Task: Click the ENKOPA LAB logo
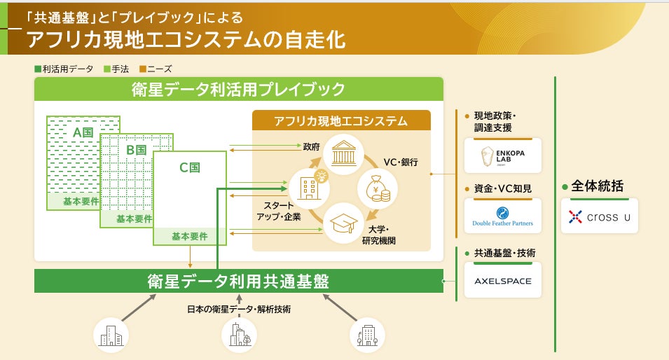pos(502,155)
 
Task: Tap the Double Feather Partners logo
pos(502,216)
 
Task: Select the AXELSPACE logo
pos(502,281)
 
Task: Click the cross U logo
pos(599,217)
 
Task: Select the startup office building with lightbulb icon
pos(308,188)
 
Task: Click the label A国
pos(83,132)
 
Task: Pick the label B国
pos(135,150)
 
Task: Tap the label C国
pos(190,167)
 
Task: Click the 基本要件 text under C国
pos(190,237)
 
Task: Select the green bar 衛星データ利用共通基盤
pos(238,281)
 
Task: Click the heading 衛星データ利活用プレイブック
pos(238,89)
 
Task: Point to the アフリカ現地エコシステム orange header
pos(340,120)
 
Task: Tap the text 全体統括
pos(597,186)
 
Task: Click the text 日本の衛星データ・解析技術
pos(239,309)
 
